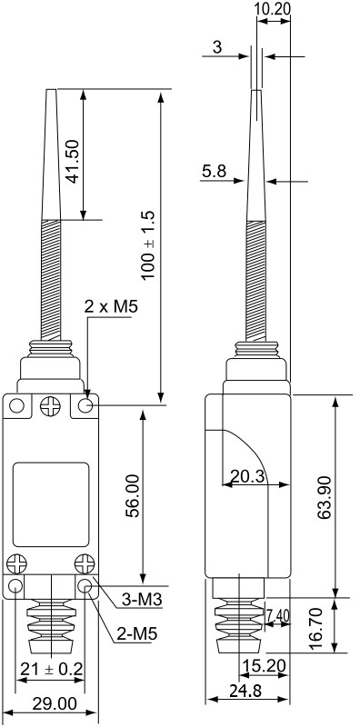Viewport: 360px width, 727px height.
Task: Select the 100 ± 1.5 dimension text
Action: [148, 245]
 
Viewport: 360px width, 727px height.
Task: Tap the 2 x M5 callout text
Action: [111, 306]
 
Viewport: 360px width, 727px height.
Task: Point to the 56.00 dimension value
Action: [132, 495]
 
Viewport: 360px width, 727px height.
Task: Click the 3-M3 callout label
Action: [142, 600]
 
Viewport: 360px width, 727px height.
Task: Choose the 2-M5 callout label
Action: [137, 633]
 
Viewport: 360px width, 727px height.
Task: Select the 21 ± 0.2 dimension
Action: [52, 669]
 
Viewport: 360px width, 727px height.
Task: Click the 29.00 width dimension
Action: [55, 704]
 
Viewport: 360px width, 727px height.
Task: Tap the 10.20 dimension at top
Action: [273, 8]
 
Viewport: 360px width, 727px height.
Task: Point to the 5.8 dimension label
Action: [214, 172]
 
